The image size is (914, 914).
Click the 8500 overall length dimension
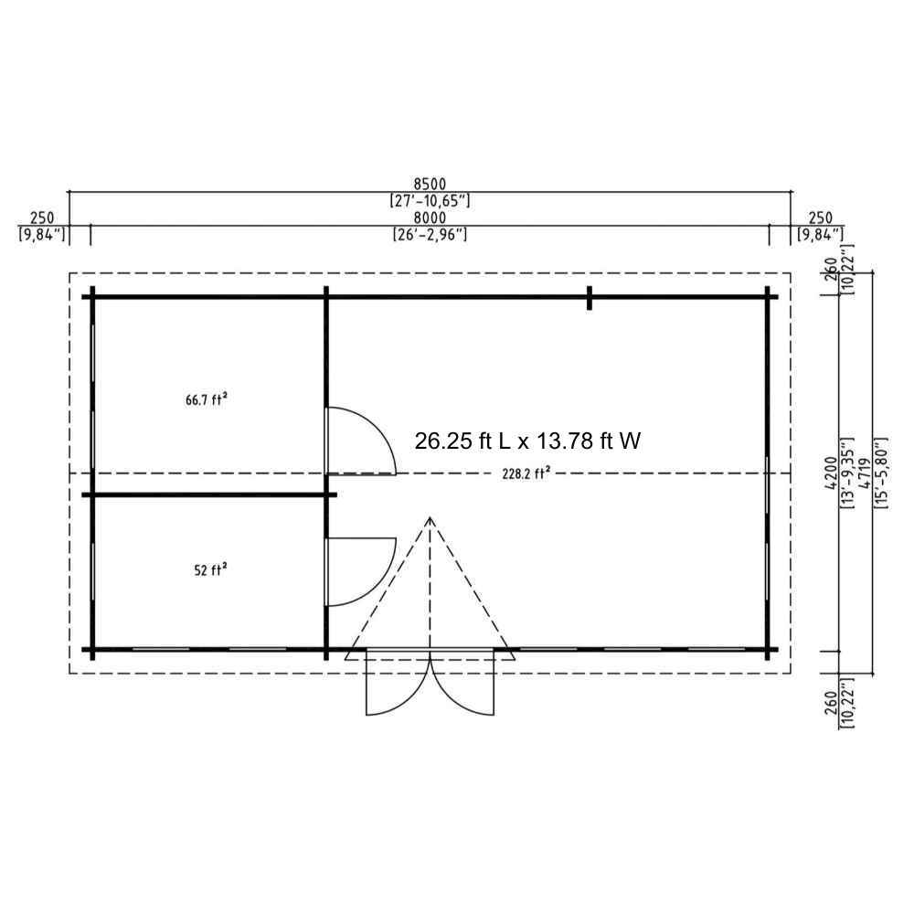[430, 186]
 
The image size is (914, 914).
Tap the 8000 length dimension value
[430, 218]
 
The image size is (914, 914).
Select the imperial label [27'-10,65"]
[430, 201]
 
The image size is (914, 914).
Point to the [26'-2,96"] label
[430, 234]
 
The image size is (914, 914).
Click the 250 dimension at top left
[42, 218]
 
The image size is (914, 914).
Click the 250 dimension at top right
[821, 218]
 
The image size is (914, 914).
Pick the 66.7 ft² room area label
[207, 400]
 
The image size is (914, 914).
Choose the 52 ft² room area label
[210, 569]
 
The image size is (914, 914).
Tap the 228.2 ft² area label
[526, 473]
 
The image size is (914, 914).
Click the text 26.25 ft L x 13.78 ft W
[527, 441]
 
